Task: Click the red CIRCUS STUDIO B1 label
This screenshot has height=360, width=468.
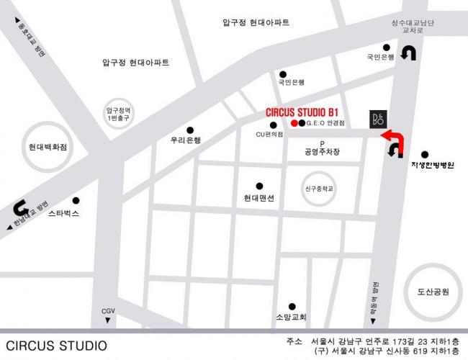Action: click(x=302, y=112)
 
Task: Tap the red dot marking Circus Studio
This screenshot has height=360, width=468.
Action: click(x=293, y=124)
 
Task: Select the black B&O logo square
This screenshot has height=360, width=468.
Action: click(x=377, y=119)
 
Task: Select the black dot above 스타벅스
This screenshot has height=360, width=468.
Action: click(x=76, y=200)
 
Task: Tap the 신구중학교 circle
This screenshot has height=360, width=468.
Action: click(x=318, y=190)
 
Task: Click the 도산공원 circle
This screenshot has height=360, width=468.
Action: click(x=433, y=292)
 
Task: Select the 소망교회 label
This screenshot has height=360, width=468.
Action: click(x=291, y=317)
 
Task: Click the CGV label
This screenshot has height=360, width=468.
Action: click(x=109, y=310)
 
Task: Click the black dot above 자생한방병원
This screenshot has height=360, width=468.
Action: click(x=424, y=154)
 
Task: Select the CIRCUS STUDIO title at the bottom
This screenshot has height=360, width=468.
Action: click(x=57, y=346)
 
